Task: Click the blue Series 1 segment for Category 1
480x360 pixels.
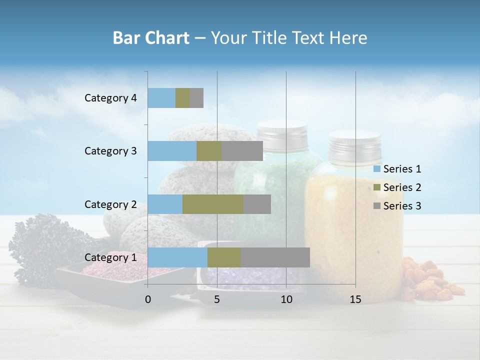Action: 177,257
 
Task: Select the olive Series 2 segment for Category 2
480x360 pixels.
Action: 213,204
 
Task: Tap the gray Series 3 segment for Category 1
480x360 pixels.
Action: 275,257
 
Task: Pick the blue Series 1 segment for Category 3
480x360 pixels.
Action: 172,151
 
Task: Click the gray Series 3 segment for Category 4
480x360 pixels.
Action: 196,98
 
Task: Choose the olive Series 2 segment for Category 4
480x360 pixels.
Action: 182,98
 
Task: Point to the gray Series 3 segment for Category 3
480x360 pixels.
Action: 242,151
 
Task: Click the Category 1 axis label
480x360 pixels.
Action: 110,257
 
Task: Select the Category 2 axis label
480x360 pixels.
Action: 110,204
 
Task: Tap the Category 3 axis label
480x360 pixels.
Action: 110,151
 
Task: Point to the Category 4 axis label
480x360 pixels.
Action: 110,98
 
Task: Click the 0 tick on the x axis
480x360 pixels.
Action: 148,299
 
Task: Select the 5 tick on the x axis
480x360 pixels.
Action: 217,299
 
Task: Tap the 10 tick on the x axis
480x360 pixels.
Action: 286,299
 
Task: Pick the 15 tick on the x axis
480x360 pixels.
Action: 355,299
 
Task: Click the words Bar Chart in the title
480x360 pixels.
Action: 150,38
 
